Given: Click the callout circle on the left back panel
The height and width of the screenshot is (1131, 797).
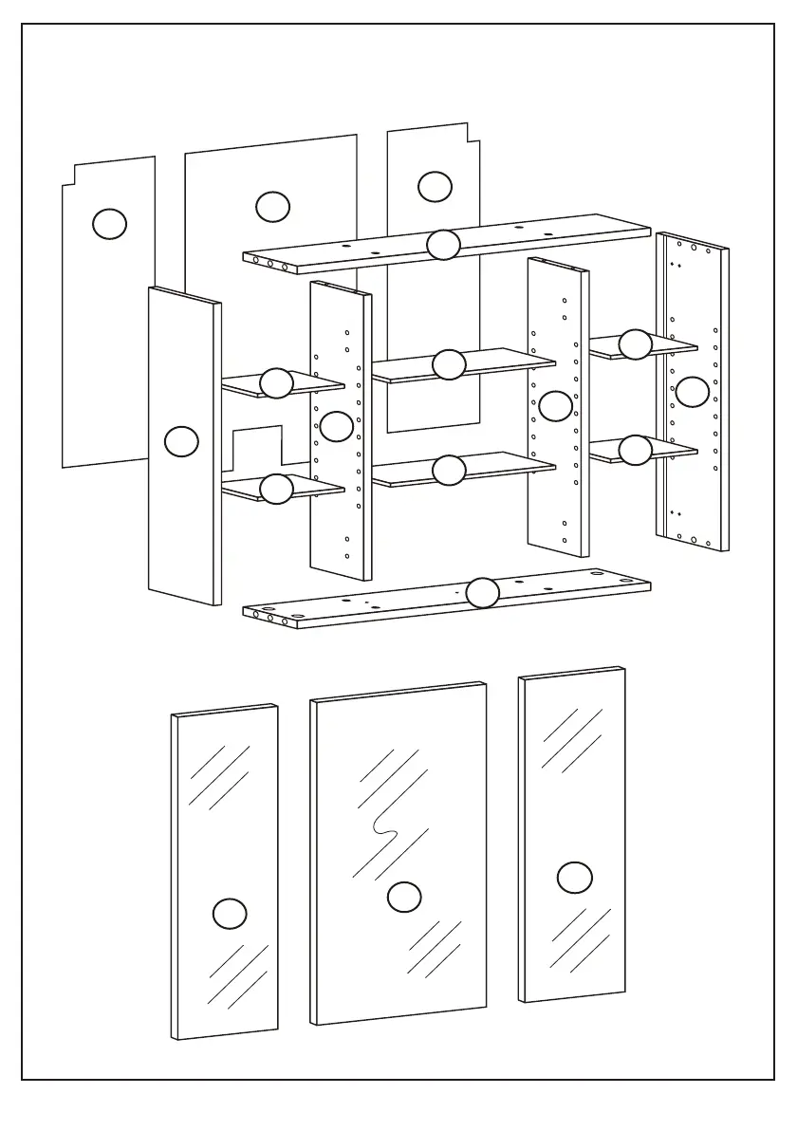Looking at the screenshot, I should pyautogui.click(x=109, y=223).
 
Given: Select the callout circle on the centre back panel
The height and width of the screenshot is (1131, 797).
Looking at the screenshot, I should pyautogui.click(x=272, y=206).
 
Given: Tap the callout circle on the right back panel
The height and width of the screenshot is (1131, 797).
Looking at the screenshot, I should pyautogui.click(x=435, y=186).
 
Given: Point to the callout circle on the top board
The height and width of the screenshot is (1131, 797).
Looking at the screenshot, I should pyautogui.click(x=443, y=245).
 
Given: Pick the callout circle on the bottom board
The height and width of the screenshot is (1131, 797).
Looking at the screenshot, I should pyautogui.click(x=482, y=593).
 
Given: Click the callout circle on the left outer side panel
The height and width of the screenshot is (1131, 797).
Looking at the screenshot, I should pyautogui.click(x=181, y=441).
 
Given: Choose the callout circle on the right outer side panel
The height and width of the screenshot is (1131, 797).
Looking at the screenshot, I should pyautogui.click(x=692, y=391).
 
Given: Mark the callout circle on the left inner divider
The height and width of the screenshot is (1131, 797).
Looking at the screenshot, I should pyautogui.click(x=337, y=426).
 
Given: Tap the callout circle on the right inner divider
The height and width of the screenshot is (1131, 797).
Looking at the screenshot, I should pyautogui.click(x=555, y=406).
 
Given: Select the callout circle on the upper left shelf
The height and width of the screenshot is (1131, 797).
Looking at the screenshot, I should pyautogui.click(x=276, y=382).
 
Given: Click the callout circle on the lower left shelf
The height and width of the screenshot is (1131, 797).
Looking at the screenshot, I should pyautogui.click(x=276, y=489).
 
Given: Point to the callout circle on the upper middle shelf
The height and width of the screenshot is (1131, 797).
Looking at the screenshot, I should pyautogui.click(x=449, y=364).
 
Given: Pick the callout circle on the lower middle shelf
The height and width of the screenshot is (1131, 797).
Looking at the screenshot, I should pyautogui.click(x=449, y=470).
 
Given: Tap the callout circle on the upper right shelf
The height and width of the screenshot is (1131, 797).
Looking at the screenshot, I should pyautogui.click(x=635, y=344).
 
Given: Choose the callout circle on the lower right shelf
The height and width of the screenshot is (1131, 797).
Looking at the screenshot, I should pyautogui.click(x=635, y=450).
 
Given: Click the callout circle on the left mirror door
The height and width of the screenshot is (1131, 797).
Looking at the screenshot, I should pyautogui.click(x=230, y=913).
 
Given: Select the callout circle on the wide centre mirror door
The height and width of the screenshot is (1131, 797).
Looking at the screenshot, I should pyautogui.click(x=405, y=897).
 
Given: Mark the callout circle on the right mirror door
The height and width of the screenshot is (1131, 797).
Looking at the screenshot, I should pyautogui.click(x=574, y=878).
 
